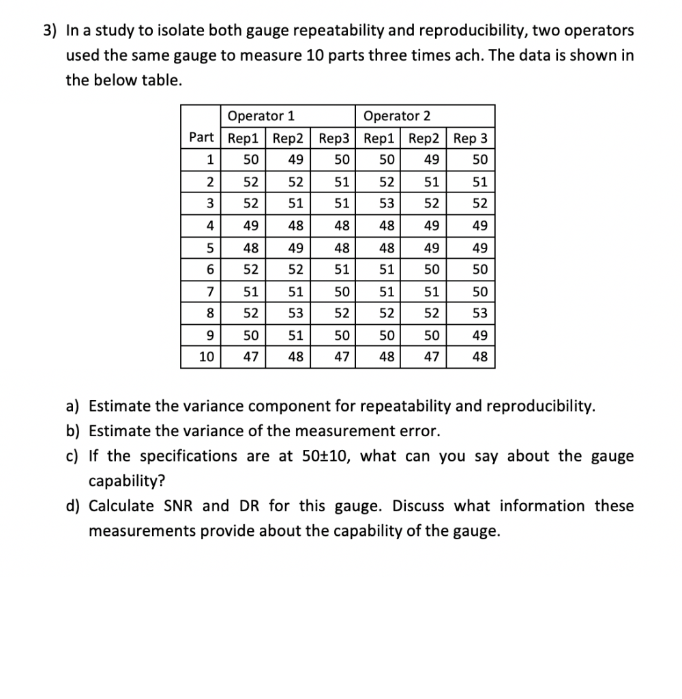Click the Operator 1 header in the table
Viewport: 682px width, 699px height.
(261, 115)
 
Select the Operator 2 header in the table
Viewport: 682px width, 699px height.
(397, 115)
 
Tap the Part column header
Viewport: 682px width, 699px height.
(201, 138)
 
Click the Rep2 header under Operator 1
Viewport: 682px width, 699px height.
(288, 138)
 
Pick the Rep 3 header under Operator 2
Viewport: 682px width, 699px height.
(471, 138)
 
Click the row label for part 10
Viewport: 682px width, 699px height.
(205, 357)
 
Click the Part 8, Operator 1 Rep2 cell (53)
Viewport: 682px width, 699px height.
(295, 313)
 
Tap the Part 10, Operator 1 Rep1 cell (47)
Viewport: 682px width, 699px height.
(250, 357)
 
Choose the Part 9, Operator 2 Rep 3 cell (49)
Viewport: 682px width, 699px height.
(479, 335)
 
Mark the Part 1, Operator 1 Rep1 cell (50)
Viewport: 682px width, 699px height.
(250, 160)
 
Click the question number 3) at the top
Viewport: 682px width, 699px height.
(50, 31)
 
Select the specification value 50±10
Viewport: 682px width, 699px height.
(327, 456)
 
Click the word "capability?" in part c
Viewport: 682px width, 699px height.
(127, 481)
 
